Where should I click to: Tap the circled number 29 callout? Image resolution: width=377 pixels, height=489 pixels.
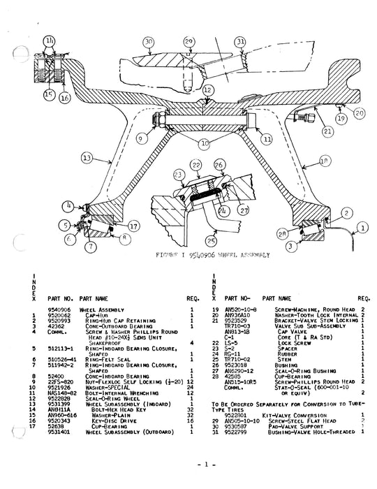[188, 43]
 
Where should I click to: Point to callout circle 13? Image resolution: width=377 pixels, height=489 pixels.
[86, 159]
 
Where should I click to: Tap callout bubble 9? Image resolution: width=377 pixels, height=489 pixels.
[141, 139]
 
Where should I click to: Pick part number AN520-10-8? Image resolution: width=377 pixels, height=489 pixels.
[241, 309]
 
